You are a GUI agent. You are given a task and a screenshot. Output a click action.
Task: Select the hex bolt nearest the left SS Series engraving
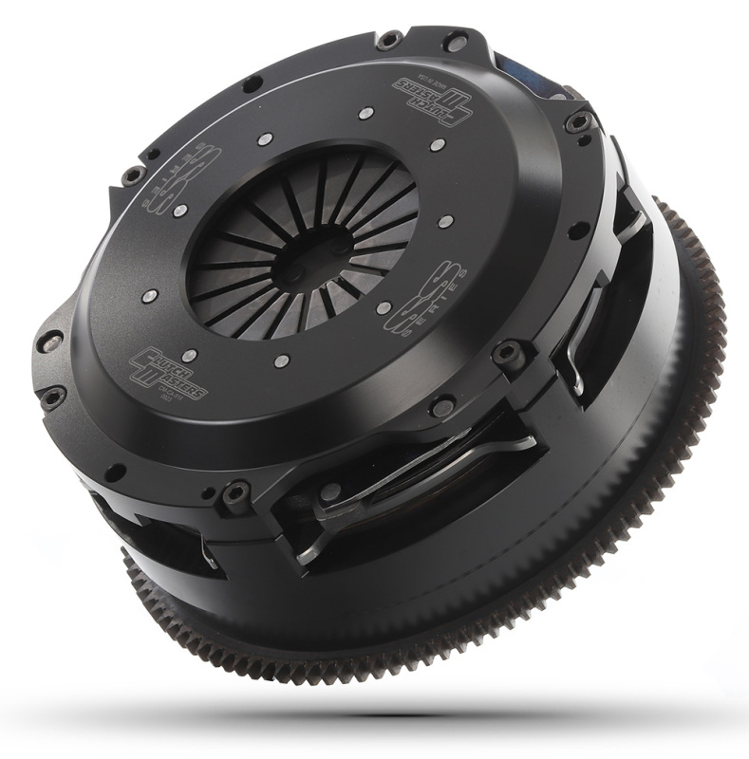(134, 175)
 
